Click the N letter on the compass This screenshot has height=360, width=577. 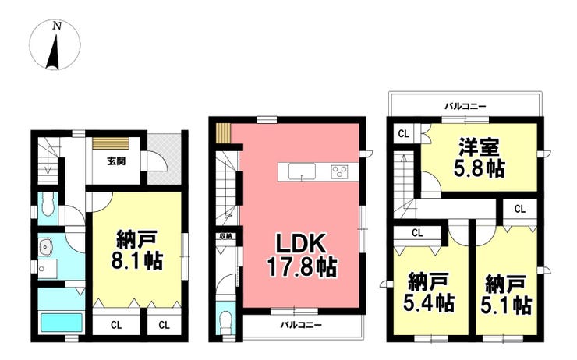(57, 26)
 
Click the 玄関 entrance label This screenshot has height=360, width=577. (116, 161)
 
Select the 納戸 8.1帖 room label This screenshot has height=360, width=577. (136, 250)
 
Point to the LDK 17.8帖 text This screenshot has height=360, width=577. (302, 256)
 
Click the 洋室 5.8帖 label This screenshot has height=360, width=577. (479, 157)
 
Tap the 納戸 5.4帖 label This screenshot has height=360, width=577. (429, 292)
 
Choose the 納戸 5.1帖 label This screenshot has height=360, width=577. (506, 295)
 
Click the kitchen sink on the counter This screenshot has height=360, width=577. (302, 171)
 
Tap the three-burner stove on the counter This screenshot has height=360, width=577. (339, 172)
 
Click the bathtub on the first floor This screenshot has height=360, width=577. (61, 323)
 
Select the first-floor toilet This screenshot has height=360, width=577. (48, 205)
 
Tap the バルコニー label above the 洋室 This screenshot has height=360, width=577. (465, 107)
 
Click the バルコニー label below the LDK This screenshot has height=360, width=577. (301, 325)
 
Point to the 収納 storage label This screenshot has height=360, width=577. (226, 236)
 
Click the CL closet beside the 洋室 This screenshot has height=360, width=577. (404, 134)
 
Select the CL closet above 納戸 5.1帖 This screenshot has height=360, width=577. (519, 210)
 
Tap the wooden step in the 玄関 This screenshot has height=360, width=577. (111, 143)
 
